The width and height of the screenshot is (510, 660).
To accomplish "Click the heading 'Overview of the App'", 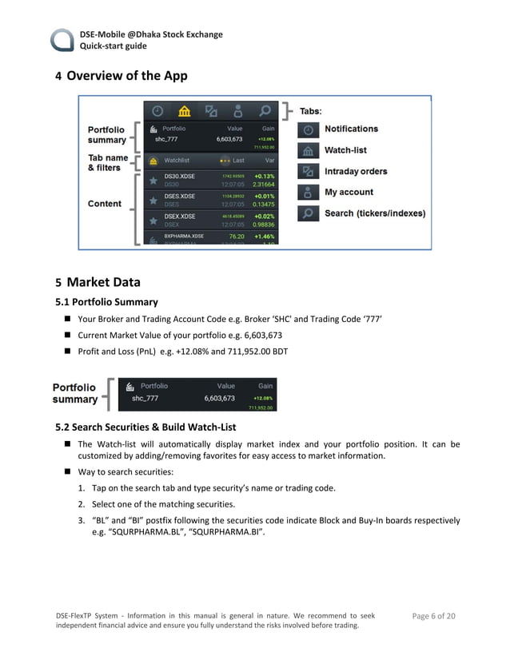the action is pos(127,76).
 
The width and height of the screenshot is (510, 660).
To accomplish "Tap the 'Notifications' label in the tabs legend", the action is pos(351,129).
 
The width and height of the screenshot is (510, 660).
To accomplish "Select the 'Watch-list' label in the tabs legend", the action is pos(345,150).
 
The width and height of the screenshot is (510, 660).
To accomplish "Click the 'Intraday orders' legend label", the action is pos(356,171).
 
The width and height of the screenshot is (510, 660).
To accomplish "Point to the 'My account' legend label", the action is pos(349,192).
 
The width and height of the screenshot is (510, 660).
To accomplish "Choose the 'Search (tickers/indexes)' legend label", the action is pos(375,213).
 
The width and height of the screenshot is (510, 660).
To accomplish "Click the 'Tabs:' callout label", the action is pos(310,111).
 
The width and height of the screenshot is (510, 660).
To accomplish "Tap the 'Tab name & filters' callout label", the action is pos(108,162).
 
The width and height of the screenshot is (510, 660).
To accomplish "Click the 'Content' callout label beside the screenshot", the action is pos(105,204).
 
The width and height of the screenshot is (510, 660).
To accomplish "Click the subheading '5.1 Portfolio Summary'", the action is pos(106,302).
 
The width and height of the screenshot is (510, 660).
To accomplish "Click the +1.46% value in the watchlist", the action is pos(264,237).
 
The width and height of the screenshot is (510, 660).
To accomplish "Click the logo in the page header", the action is pos(63,40).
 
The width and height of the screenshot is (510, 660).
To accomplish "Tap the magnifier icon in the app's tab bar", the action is pos(264,110).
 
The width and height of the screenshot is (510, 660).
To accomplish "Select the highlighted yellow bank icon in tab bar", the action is pos(184,110).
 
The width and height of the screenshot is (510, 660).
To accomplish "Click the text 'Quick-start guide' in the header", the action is pos(113,46).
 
